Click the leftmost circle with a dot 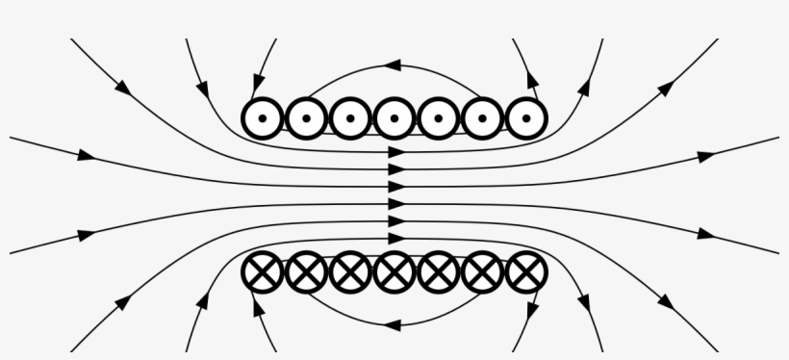coord(262,118)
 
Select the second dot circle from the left coord(306,118)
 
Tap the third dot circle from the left coord(350,118)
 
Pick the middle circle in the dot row coord(394,118)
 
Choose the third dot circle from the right coord(439,118)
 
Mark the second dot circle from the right coord(482,118)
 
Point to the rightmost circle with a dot coord(525,118)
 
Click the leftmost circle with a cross coord(262,272)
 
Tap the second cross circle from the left coord(306,272)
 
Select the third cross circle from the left coord(350,272)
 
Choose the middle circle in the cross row coord(394,272)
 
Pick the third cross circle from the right coord(439,272)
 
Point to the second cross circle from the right coord(482,272)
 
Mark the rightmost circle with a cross coord(525,272)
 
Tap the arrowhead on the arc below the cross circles coord(393,324)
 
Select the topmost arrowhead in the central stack coord(395,153)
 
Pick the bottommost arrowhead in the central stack coord(395,237)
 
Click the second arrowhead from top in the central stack coord(395,169)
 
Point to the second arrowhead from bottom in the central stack coord(395,220)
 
